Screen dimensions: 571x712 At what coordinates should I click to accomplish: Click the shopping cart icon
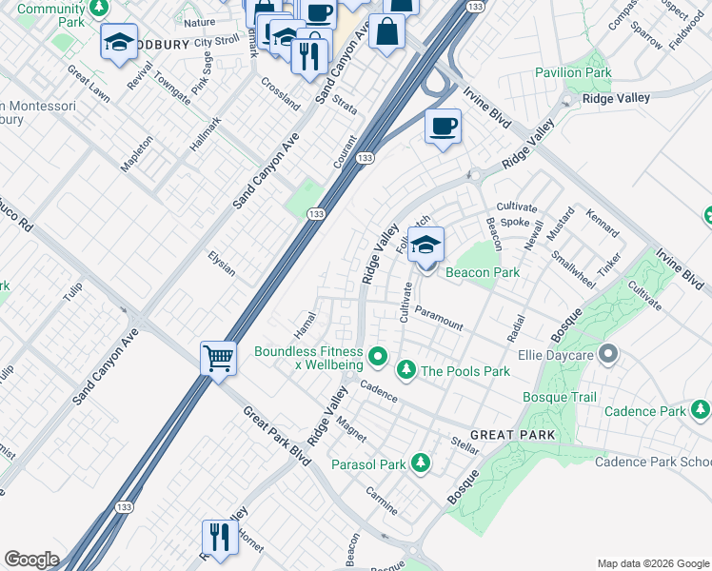(x=219, y=360)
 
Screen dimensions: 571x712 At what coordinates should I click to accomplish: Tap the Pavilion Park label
(x=599, y=72)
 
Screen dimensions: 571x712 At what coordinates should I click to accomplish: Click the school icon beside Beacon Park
(x=425, y=244)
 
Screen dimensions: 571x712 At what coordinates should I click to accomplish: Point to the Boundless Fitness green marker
(x=378, y=358)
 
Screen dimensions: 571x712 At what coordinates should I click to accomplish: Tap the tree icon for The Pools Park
(x=405, y=368)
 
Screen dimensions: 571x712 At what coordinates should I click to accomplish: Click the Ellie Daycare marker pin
(x=610, y=357)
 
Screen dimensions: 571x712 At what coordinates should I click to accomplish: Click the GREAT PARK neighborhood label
(x=511, y=435)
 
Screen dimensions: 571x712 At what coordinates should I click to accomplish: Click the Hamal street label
(x=306, y=324)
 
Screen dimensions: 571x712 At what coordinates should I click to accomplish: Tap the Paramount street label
(x=439, y=319)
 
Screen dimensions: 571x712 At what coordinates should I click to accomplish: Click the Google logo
(x=31, y=560)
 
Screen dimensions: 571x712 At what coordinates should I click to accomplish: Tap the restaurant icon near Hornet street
(x=219, y=537)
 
